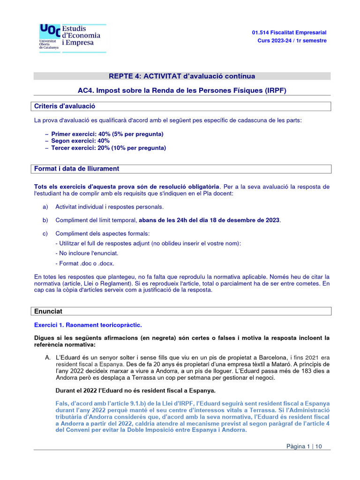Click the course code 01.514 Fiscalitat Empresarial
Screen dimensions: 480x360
click(289, 32)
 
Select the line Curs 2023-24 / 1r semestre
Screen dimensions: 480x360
click(292, 41)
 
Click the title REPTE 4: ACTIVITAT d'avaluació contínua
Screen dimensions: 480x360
click(182, 76)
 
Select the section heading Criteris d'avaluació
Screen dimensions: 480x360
click(65, 106)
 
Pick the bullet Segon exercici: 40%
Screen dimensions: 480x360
click(80, 141)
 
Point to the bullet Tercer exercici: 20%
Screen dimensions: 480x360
click(108, 148)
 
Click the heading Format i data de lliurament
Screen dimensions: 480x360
click(77, 169)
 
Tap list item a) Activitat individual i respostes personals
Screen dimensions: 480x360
click(109, 207)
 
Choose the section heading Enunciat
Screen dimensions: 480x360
click(48, 311)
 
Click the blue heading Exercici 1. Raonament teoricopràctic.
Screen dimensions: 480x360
click(88, 325)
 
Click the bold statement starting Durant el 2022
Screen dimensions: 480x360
click(135, 390)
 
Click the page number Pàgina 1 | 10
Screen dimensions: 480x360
click(304, 446)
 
